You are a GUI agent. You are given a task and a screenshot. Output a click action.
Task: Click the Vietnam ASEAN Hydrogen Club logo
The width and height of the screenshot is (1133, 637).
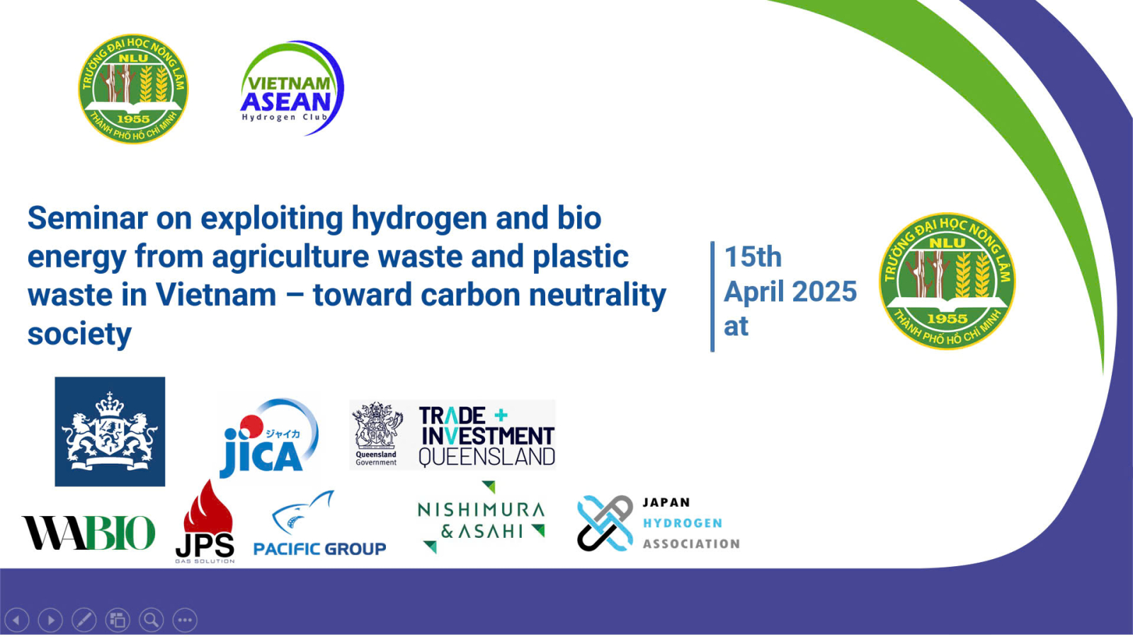[x=292, y=88]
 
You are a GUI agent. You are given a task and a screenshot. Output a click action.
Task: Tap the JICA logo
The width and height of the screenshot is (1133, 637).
[x=269, y=438]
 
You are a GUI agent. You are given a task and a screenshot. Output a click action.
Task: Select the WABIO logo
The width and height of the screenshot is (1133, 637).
[x=89, y=532]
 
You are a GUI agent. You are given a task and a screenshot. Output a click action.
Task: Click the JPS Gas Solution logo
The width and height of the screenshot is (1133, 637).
[x=205, y=522]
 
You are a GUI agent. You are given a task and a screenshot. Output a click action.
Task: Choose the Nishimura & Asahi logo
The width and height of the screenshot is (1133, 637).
[x=482, y=517]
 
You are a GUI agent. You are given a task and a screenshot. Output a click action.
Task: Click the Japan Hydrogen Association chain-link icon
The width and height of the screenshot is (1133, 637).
[x=605, y=523]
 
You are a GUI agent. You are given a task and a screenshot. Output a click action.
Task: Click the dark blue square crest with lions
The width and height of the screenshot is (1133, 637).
[x=110, y=432]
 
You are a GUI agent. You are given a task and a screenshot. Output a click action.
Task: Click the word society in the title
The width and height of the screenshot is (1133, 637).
[x=79, y=334]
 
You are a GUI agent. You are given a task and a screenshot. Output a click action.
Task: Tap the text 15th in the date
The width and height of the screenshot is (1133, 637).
[x=753, y=257]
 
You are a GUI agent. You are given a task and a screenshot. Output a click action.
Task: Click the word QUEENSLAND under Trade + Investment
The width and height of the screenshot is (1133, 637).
[x=487, y=457]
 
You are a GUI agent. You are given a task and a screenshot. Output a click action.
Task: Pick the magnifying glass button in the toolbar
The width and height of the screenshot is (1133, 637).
[x=152, y=620]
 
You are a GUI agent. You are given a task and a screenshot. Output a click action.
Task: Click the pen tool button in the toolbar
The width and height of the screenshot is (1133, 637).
[x=84, y=620]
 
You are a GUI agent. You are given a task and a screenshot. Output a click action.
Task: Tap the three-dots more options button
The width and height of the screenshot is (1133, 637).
[x=185, y=620]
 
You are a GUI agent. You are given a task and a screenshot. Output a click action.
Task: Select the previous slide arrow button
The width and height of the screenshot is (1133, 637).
[x=17, y=620]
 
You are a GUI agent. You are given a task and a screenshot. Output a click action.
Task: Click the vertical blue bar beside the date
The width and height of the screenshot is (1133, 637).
[x=712, y=297]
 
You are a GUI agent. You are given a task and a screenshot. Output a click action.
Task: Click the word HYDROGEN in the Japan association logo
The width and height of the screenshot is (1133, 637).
[x=683, y=523]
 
